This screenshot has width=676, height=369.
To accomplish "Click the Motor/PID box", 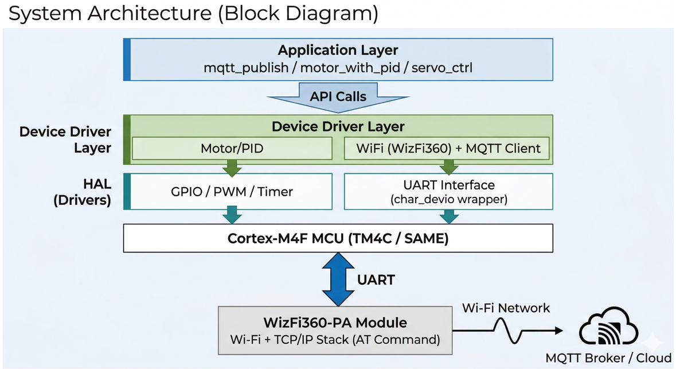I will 232,149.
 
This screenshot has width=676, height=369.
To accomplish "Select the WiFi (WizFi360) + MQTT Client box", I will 448,149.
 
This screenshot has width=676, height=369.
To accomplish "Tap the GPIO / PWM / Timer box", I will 232,192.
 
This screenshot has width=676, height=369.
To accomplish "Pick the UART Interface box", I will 448,192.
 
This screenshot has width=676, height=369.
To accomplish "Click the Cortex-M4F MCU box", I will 338,238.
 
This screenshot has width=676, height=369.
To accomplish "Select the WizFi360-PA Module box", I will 335,331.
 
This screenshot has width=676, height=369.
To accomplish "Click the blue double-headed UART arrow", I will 338,280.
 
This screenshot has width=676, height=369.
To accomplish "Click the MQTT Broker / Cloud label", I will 608,358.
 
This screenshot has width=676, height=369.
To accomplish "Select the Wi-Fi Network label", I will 506,308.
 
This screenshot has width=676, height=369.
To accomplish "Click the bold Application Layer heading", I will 338,50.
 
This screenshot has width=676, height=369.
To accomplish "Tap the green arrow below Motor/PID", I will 232,167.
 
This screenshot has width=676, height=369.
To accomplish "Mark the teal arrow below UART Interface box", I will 448,216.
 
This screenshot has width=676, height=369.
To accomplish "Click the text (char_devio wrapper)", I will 448,200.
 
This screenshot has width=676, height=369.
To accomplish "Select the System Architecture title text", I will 193,13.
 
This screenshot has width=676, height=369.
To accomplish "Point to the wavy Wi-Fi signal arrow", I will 507,331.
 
